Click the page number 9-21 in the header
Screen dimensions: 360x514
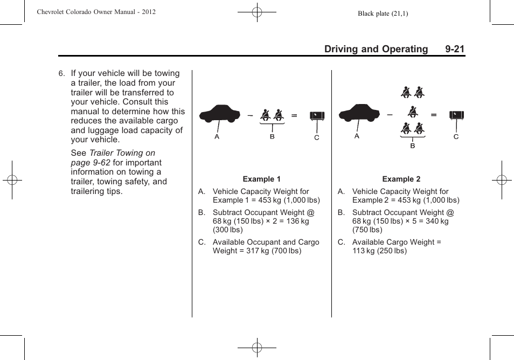[455, 49]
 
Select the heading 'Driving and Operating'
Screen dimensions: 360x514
[376, 49]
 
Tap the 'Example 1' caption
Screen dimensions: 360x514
[261, 179]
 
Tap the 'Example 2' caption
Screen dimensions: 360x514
[401, 179]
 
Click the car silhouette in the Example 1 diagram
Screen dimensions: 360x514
[219, 114]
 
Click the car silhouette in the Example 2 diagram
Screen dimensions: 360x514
[359, 113]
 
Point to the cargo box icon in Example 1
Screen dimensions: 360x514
[317, 116]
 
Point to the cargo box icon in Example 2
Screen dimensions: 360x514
[456, 115]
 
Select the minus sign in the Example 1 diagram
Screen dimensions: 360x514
[250, 115]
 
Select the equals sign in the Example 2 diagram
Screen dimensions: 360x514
[434, 115]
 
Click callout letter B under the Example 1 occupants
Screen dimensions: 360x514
[272, 137]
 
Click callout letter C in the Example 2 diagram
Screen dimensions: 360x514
[456, 137]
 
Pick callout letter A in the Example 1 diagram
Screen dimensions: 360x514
[217, 137]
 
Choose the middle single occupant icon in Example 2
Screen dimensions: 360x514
[413, 112]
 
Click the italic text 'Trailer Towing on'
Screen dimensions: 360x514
[122, 153]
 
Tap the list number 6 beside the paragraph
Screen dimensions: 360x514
[61, 74]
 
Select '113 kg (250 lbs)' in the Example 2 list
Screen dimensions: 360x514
[379, 251]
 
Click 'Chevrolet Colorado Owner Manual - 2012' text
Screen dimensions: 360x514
[96, 12]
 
